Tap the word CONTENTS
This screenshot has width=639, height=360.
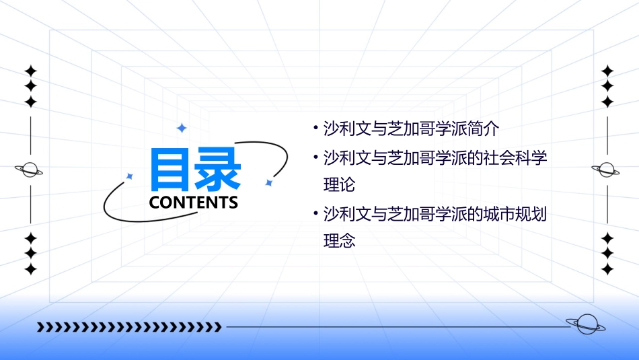(x=194, y=202)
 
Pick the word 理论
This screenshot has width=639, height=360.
(x=339, y=184)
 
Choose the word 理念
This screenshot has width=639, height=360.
(x=339, y=240)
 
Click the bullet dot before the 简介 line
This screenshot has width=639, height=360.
(x=315, y=129)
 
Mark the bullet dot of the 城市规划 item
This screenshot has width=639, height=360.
(x=315, y=215)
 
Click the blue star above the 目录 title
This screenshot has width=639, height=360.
(x=181, y=128)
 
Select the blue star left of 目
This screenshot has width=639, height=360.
(x=130, y=176)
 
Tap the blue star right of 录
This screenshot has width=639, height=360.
(x=268, y=182)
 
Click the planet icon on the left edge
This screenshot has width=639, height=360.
(x=30, y=170)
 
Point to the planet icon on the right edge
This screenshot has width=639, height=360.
(x=607, y=170)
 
